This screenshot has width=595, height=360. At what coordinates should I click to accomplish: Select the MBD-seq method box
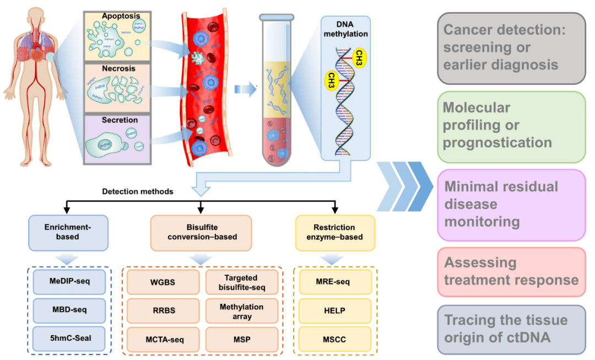(x=68, y=310)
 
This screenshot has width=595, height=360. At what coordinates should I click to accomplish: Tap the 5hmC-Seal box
(x=68, y=338)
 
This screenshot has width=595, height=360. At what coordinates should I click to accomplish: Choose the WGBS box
(x=163, y=282)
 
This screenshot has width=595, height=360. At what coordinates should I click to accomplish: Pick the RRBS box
(x=163, y=310)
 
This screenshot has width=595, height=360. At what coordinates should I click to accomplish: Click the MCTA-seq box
(x=163, y=339)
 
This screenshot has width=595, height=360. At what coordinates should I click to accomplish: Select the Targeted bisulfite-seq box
(x=241, y=282)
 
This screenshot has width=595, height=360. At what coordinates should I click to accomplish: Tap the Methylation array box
(x=241, y=311)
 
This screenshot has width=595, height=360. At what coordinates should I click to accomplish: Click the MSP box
(x=241, y=339)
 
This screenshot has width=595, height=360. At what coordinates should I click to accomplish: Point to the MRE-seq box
(x=335, y=282)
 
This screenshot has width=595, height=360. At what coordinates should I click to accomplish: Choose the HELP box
(x=335, y=310)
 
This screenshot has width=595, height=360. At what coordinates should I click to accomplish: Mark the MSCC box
(x=335, y=339)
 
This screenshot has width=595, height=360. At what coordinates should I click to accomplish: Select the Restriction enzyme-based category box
(x=335, y=232)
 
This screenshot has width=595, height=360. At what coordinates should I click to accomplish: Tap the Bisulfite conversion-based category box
(x=201, y=232)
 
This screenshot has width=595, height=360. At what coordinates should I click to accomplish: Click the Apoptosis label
(x=120, y=17)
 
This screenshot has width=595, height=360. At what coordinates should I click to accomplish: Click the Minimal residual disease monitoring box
(x=511, y=205)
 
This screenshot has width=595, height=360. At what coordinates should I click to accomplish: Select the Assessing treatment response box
(x=511, y=271)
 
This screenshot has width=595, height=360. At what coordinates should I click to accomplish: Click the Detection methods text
(x=138, y=192)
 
